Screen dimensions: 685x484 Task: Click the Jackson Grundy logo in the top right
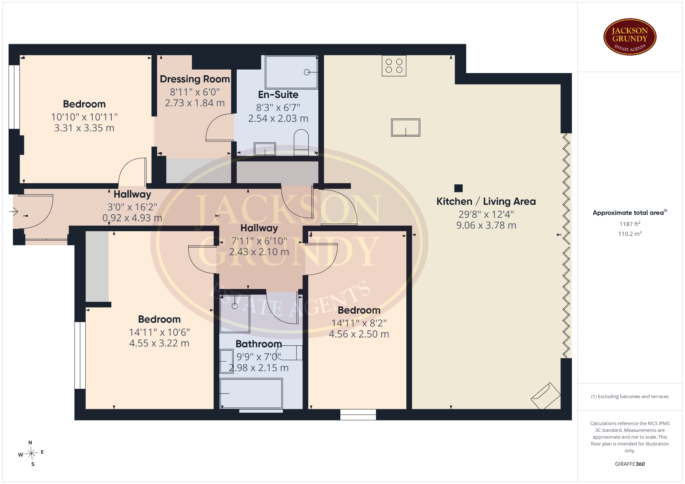pos(630,37)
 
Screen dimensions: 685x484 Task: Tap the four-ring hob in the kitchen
pos(394,66)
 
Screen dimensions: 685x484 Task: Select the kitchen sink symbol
pos(406,128)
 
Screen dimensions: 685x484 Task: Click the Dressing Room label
pos(195,79)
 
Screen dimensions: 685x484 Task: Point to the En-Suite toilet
pos(301,143)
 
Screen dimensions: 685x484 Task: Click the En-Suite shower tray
pos(291,72)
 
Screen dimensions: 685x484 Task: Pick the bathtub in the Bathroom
pos(251,393)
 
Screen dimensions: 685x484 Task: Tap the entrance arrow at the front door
pos(14,212)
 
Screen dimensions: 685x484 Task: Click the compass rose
pos(31,453)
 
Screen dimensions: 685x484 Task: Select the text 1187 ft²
pos(630,224)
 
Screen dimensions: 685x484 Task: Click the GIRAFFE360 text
pos(630,464)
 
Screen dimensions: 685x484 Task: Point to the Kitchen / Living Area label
pos(486,201)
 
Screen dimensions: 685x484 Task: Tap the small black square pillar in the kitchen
pos(458,188)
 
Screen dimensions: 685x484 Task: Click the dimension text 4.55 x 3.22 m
pos(159,343)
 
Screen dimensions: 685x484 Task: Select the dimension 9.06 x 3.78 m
pos(486,225)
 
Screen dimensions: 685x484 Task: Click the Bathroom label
pos(259,344)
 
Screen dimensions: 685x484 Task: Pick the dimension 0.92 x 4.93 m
pos(132,218)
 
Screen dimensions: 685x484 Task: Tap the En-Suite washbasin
pos(265,149)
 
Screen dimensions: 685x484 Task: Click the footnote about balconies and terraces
pos(630,396)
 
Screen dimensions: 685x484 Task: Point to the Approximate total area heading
pos(630,213)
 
